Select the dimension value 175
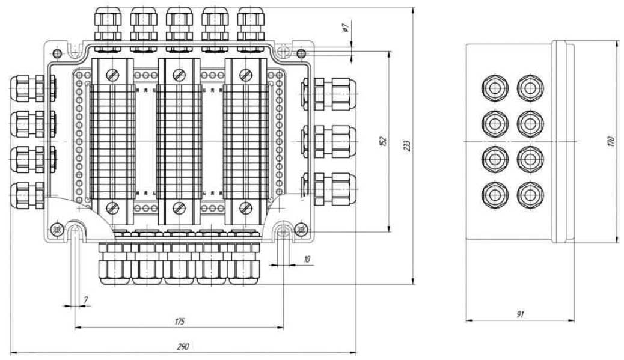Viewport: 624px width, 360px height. click(x=179, y=322)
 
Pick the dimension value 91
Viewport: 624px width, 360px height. click(x=520, y=314)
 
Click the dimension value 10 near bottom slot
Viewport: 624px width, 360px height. click(x=307, y=259)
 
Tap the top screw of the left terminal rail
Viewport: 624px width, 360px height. click(x=112, y=75)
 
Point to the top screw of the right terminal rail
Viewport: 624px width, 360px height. click(x=245, y=75)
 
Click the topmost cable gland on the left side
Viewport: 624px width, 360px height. click(x=27, y=88)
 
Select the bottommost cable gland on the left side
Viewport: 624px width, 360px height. click(x=27, y=194)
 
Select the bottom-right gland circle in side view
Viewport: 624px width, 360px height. click(x=528, y=194)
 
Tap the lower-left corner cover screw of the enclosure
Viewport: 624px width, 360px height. click(x=57, y=229)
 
